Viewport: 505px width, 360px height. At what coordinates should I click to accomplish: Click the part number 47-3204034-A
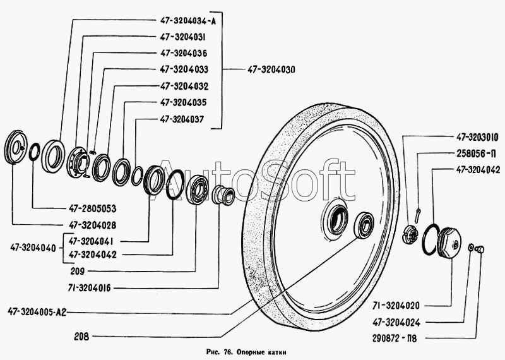[x=188, y=21]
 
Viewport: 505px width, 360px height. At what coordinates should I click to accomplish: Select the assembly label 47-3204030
[x=271, y=69]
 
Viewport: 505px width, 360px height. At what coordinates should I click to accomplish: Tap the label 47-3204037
[x=182, y=119]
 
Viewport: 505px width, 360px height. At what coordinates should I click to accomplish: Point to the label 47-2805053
[x=92, y=208]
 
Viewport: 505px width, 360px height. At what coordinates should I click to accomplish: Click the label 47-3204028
[x=92, y=225]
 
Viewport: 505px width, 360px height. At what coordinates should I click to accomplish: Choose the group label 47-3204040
[x=33, y=248]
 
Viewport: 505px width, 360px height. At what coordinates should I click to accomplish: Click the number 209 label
[x=78, y=272]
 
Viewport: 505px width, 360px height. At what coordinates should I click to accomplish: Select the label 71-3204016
[x=89, y=288]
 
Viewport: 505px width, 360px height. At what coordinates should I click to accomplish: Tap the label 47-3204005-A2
[x=37, y=312]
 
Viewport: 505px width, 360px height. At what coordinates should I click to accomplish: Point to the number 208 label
[x=81, y=337]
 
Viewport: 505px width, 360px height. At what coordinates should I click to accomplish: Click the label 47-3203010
[x=477, y=137]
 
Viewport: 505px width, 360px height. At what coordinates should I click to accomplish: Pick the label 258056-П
[x=477, y=153]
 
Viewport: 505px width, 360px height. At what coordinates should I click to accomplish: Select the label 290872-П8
[x=395, y=339]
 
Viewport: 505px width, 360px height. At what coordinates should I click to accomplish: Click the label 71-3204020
[x=396, y=305]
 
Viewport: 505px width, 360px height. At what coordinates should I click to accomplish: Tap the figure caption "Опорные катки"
[x=261, y=352]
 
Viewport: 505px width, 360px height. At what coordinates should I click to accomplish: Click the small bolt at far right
[x=480, y=249]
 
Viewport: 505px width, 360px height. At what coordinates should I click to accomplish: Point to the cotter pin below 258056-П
[x=418, y=215]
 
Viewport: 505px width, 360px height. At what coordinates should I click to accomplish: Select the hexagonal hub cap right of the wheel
[x=449, y=242]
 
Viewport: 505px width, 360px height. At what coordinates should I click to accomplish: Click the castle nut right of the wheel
[x=411, y=234]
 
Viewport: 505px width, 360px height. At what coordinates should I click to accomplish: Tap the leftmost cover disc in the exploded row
[x=16, y=147]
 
